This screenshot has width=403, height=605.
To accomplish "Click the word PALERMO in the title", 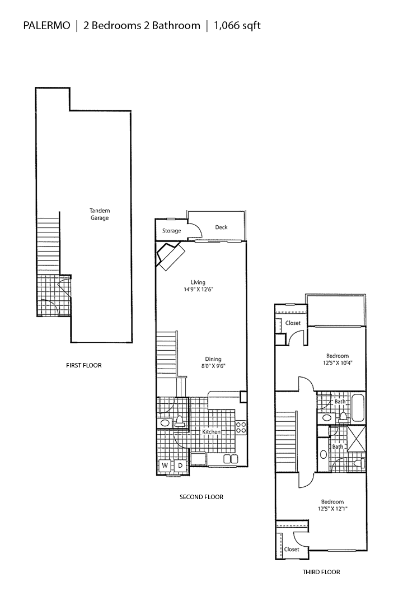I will [x=46, y=25].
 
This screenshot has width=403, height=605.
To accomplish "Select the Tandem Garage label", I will [x=100, y=214].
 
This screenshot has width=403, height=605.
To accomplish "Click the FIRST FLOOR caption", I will [x=84, y=365].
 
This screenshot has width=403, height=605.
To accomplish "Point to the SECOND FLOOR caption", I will [x=201, y=497].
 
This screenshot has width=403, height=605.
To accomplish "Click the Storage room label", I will [x=171, y=231].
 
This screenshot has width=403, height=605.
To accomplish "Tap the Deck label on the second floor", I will [x=221, y=227].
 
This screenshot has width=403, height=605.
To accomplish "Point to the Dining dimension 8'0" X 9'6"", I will [x=213, y=366].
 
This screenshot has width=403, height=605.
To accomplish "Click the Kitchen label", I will [x=211, y=432].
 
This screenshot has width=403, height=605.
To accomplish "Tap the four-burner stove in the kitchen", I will [x=241, y=427].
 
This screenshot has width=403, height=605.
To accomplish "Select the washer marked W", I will [x=166, y=466].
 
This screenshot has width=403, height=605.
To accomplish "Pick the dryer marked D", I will [x=180, y=466].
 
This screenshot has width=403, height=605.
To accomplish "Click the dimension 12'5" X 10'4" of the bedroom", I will [x=338, y=363].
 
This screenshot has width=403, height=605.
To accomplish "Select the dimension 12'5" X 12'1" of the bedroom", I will [x=332, y=509].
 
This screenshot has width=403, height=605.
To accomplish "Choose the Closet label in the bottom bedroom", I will [x=292, y=550].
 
